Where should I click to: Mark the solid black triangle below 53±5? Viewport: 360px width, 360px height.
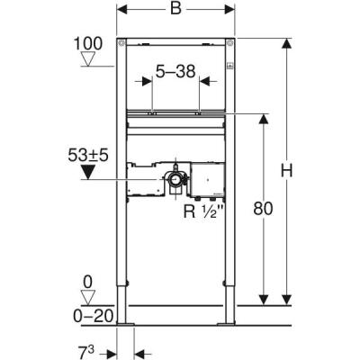point(87,170)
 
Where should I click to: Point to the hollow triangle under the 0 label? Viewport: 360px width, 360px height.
point(87,297)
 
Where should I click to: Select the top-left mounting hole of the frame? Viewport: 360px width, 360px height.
point(126,43)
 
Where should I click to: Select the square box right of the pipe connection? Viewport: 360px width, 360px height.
point(207,179)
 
